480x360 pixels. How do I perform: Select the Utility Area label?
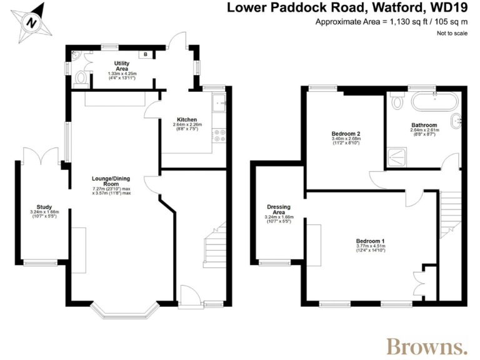[x=121, y=66]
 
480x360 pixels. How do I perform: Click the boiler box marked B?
[x=146, y=54]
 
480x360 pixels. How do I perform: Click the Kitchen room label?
[x=186, y=119]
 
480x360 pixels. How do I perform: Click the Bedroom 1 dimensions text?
[x=370, y=249]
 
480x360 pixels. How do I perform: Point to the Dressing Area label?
[x=279, y=209]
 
